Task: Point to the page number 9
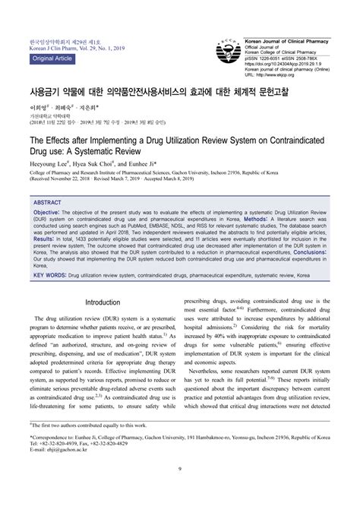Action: pyautogui.click(x=180, y=488)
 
